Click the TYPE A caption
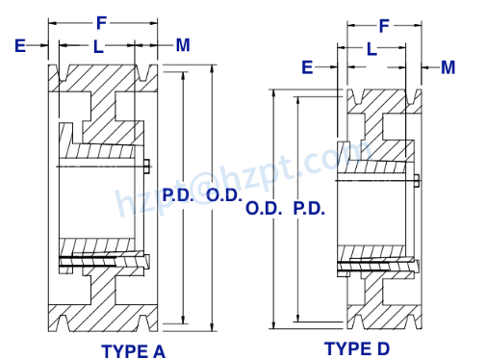133,351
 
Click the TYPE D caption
357,347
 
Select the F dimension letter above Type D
383,26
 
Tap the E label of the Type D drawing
307,66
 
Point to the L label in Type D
371,48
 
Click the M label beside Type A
183,44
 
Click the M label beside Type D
449,66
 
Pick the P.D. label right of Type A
178,193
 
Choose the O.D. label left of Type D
264,208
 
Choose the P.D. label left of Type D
308,208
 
